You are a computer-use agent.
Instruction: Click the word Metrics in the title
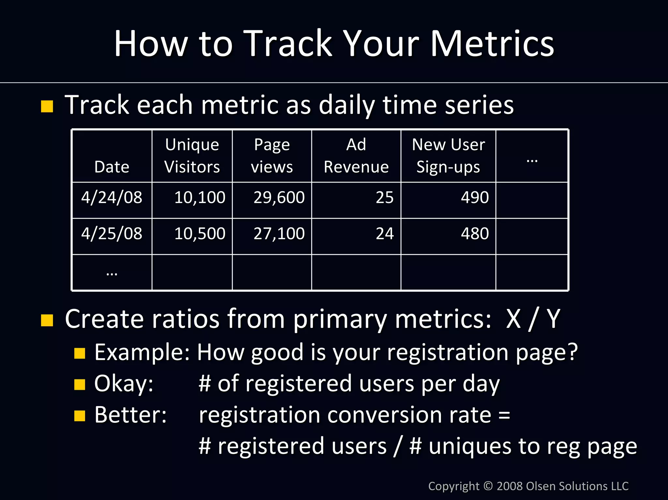(x=492, y=44)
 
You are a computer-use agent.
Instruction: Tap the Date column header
(x=112, y=167)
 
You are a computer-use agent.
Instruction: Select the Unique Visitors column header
(x=192, y=156)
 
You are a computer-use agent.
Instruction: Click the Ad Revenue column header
(x=356, y=156)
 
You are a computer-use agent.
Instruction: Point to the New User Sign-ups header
(x=448, y=156)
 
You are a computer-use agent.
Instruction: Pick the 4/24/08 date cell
(x=112, y=198)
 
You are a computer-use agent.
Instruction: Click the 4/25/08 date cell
(x=112, y=234)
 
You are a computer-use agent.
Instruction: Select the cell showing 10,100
(x=200, y=198)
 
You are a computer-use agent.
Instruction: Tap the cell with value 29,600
(x=279, y=198)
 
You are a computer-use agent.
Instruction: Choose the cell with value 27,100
(x=279, y=234)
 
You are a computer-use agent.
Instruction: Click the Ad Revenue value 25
(x=385, y=198)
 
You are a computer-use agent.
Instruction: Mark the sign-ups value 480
(x=475, y=234)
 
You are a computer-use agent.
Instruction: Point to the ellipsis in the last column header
(x=532, y=161)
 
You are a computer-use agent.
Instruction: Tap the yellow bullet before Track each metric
(x=47, y=106)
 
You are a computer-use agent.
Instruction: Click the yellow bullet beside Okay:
(x=80, y=385)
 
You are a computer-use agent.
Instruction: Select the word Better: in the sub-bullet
(x=130, y=415)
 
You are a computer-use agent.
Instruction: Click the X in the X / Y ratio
(x=513, y=319)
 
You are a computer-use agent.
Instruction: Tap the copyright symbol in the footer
(x=488, y=486)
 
